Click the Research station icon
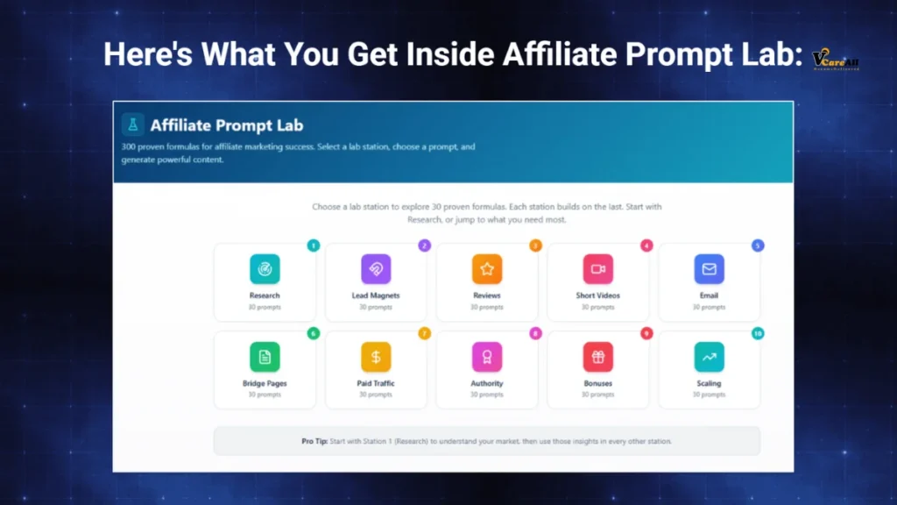click(265, 269)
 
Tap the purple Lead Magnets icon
click(376, 269)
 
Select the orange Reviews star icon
click(487, 269)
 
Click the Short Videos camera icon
click(598, 269)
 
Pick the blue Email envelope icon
click(709, 269)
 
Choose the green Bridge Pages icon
click(265, 357)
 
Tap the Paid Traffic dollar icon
click(376, 357)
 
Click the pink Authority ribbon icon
click(487, 357)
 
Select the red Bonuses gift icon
click(598, 357)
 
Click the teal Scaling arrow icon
click(709, 357)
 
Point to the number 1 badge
click(314, 245)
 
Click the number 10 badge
click(758, 333)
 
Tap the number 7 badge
click(425, 333)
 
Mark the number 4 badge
click(646, 245)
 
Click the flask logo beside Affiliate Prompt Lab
click(133, 124)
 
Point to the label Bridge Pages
click(265, 383)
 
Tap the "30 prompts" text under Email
click(709, 307)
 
